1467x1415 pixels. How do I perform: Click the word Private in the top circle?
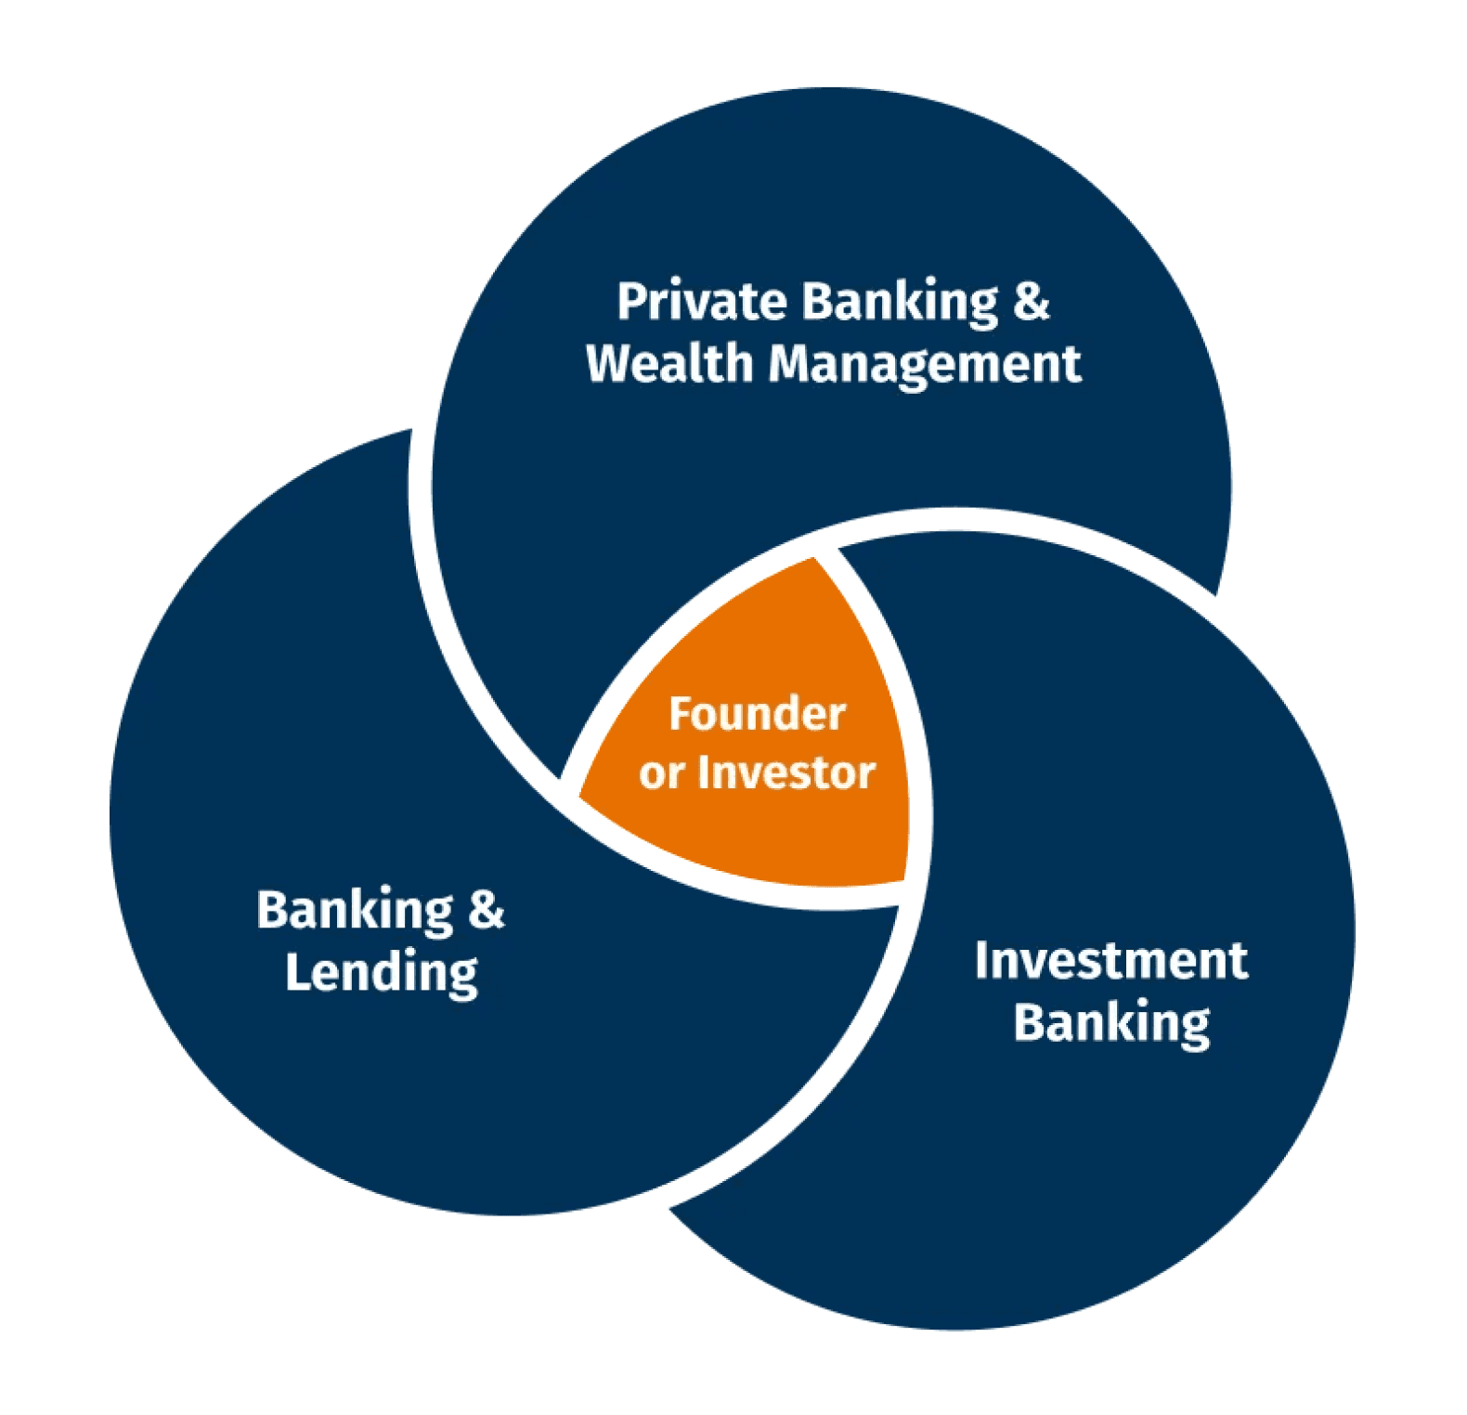pos(702,302)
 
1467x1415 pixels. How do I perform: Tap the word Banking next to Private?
pos(899,304)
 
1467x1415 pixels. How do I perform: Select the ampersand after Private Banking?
pos(1031,302)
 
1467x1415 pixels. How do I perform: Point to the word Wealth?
pos(669,363)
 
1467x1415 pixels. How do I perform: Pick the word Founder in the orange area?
pos(757,714)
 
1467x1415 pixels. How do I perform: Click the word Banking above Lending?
pos(355,912)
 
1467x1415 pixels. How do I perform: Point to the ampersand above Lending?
pos(486,910)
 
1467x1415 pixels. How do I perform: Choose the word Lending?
pos(381,974)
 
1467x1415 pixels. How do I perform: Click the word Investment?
pos(1110,961)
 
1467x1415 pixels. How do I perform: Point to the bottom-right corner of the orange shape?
pos(902,879)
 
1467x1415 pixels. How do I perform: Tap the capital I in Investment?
pos(982,961)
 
